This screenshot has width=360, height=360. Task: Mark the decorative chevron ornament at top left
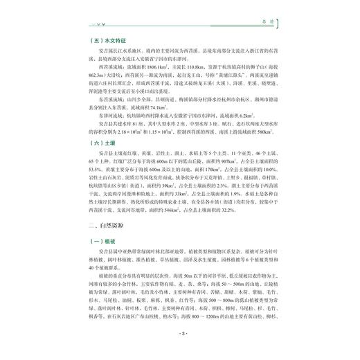click(x=91, y=24)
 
